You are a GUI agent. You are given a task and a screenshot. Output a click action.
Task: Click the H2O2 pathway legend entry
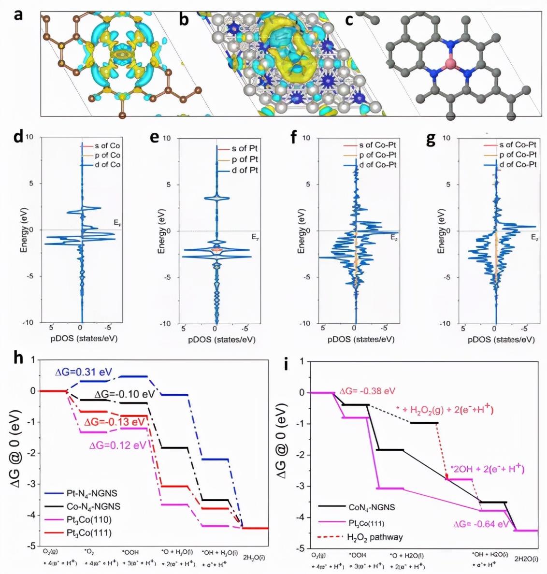tap(374, 537)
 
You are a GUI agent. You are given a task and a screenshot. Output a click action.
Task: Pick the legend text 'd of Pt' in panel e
tap(245, 170)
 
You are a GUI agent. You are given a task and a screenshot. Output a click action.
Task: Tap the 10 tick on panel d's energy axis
tap(29, 137)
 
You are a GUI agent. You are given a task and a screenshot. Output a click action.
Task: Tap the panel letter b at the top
tap(184, 19)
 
